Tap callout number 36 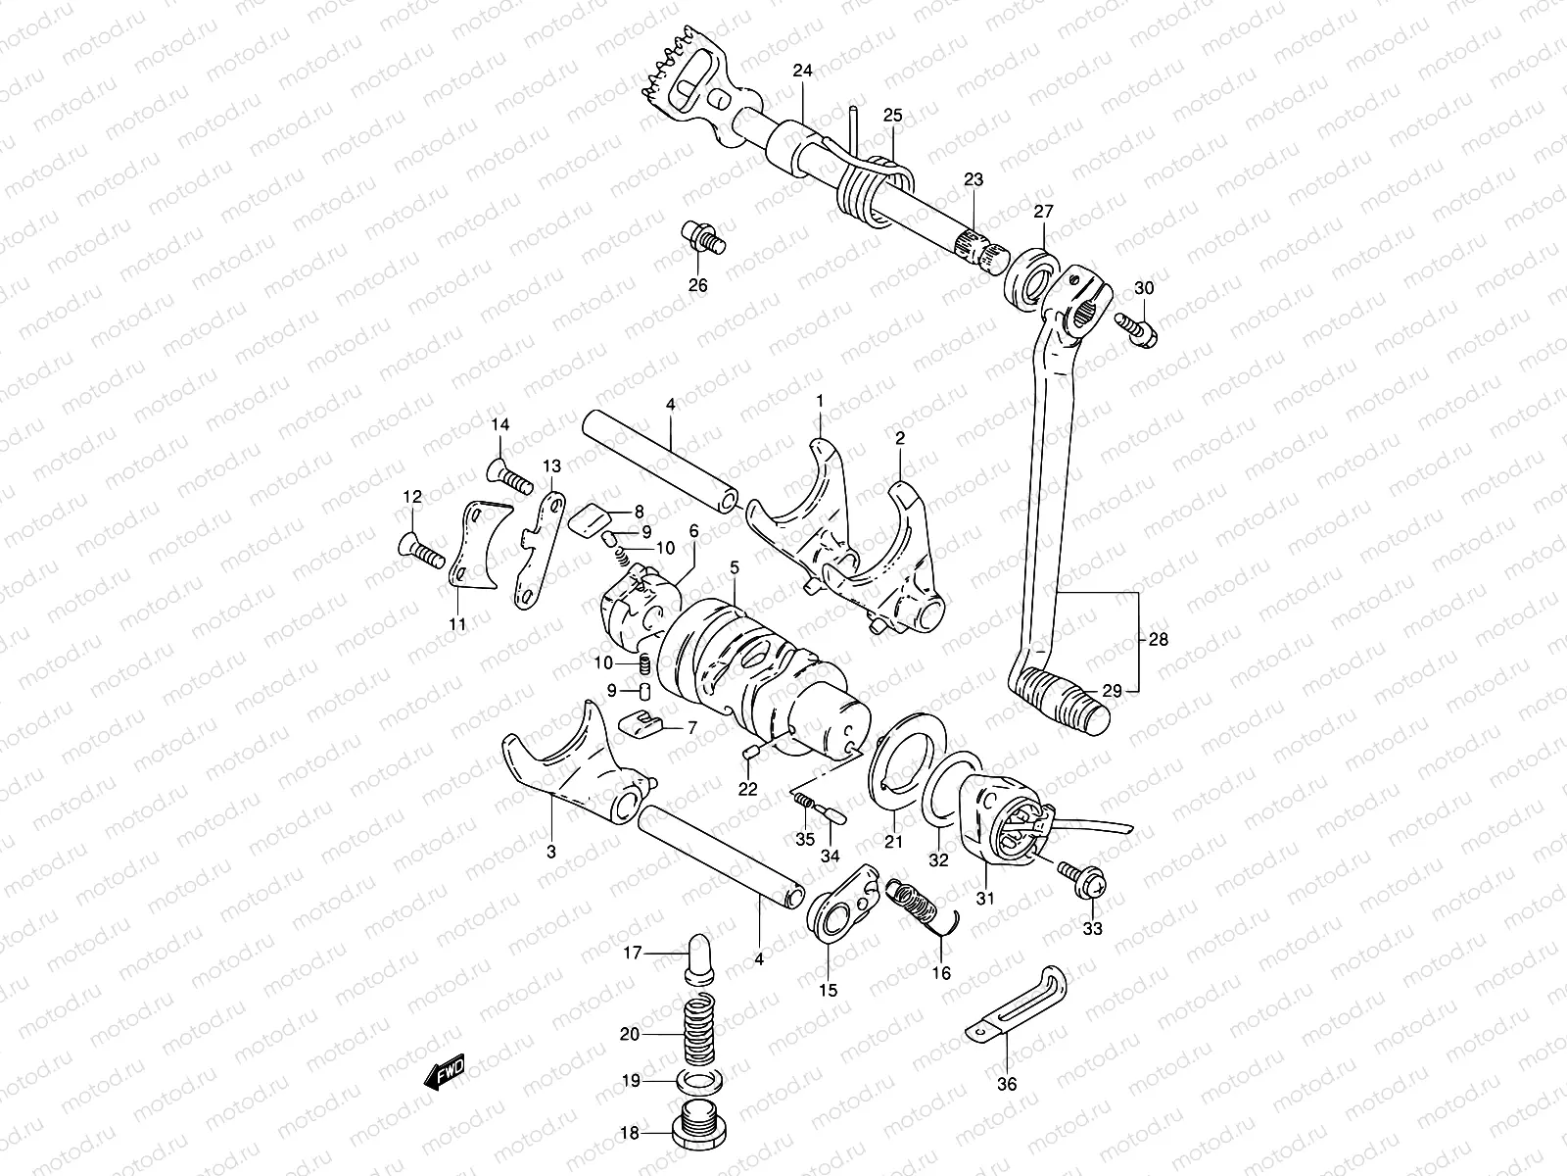coord(1008,1085)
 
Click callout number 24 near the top coord(803,71)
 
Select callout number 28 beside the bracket coord(1160,640)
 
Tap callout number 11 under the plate coord(458,623)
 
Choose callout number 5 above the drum coord(736,566)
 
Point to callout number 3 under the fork coord(551,852)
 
